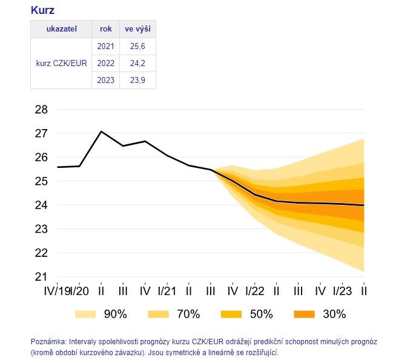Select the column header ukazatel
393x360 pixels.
click(61, 29)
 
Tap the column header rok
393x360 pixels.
click(105, 29)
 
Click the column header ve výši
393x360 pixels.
click(137, 29)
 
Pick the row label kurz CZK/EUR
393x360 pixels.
click(61, 63)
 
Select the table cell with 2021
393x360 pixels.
click(105, 46)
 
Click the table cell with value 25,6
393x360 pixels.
click(137, 46)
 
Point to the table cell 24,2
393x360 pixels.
click(137, 63)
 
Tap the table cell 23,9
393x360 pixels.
click(137, 80)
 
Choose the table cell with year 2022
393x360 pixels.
click(105, 63)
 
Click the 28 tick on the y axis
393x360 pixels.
click(42, 110)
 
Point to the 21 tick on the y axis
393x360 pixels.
click(42, 277)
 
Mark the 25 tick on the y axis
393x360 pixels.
click(42, 181)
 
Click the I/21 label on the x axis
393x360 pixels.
click(167, 290)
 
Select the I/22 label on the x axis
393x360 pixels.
click(254, 290)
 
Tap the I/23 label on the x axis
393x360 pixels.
click(342, 290)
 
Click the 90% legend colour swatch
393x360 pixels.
click(85, 314)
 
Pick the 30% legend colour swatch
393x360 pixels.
click(304, 314)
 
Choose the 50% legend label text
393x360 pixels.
click(262, 314)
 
